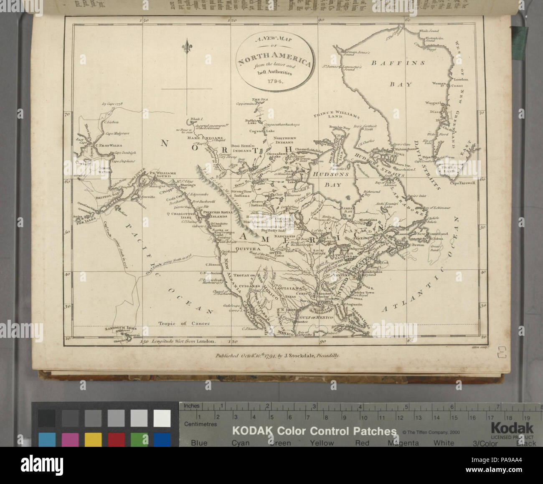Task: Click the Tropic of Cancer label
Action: pos(181,323)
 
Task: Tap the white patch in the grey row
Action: pos(162,418)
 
